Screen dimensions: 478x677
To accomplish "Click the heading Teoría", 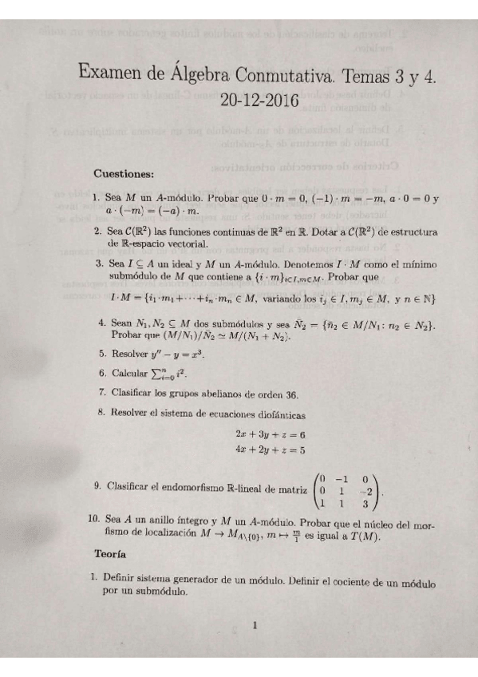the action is (x=112, y=552).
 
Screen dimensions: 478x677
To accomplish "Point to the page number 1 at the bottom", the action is (x=254, y=626).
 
